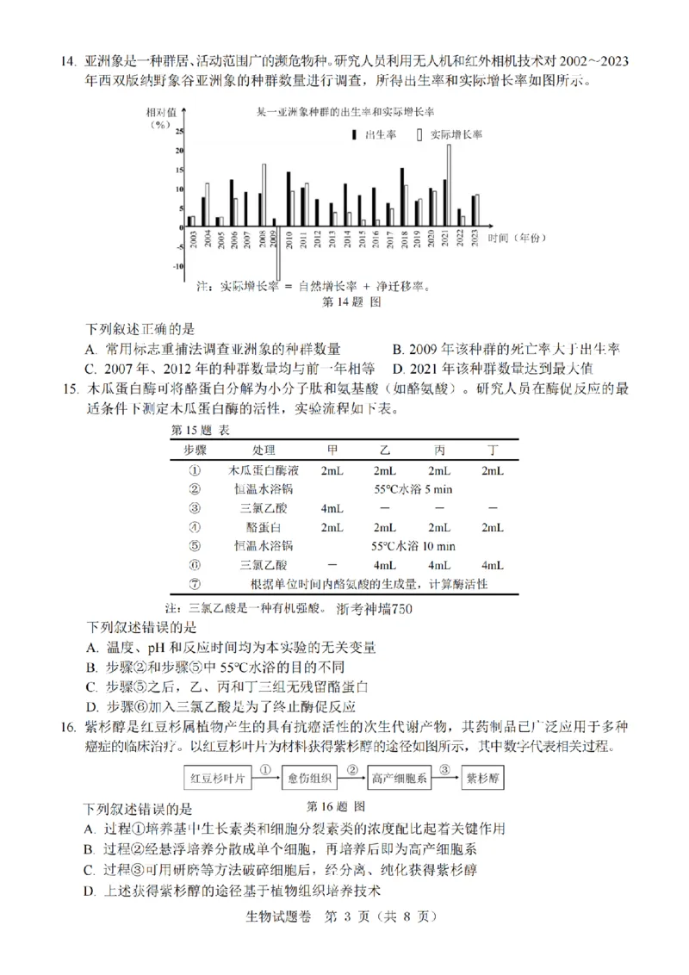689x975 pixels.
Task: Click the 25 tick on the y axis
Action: point(178,132)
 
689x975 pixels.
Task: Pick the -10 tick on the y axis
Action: point(177,266)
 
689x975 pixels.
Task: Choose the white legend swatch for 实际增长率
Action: point(419,135)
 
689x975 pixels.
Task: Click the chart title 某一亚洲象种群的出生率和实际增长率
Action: point(345,113)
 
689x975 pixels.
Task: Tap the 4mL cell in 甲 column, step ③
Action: point(332,507)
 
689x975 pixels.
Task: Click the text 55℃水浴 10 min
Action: point(413,546)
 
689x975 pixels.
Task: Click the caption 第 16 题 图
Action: point(336,806)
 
